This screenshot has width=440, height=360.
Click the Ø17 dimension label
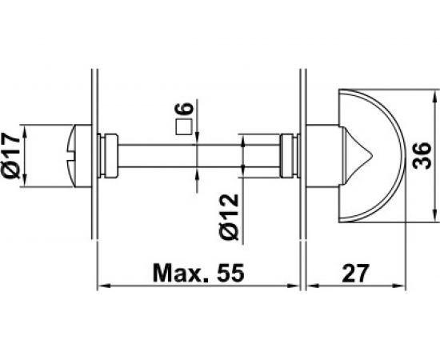[12, 156]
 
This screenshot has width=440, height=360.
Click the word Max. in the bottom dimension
[179, 273]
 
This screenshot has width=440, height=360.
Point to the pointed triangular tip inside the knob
[352, 155]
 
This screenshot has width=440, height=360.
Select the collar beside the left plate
[109, 155]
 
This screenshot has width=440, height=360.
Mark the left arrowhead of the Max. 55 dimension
[102, 285]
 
